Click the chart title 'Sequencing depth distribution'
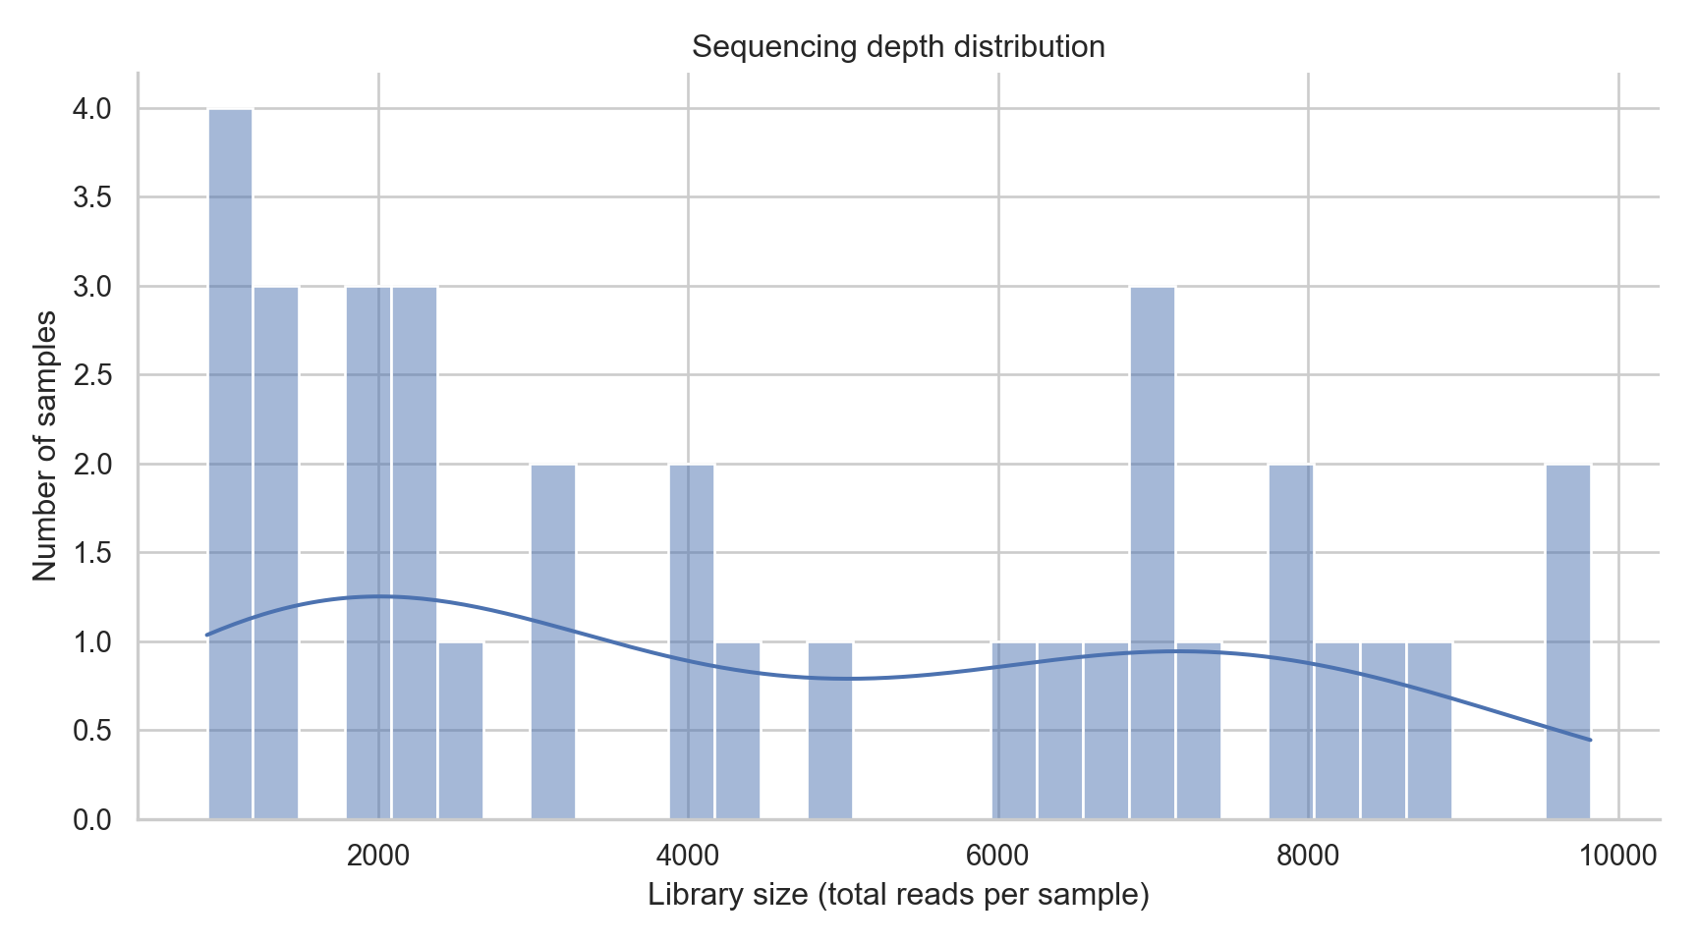pyautogui.click(x=898, y=47)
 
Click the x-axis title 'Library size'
pyautogui.click(x=898, y=895)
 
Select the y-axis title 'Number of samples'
pyautogui.click(x=44, y=445)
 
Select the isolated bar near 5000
pyautogui.click(x=830, y=730)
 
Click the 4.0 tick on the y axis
pyautogui.click(x=91, y=109)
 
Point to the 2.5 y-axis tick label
pyautogui.click(x=91, y=375)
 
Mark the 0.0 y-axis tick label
pyautogui.click(x=91, y=819)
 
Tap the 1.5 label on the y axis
pyautogui.click(x=91, y=553)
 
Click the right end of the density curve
pyautogui.click(x=1590, y=740)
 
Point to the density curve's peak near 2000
pyautogui.click(x=378, y=596)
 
